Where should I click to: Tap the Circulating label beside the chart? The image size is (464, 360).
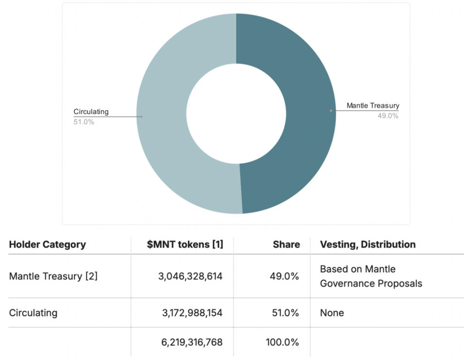click(91, 112)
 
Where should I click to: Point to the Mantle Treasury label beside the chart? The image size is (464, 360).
click(373, 105)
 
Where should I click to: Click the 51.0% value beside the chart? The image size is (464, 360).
click(84, 122)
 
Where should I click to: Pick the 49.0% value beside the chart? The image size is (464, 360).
click(388, 115)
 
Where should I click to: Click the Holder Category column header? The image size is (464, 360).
click(48, 245)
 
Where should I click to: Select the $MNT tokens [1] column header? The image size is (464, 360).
click(185, 245)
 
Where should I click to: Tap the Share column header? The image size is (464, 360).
click(286, 245)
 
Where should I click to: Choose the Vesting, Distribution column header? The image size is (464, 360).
click(368, 245)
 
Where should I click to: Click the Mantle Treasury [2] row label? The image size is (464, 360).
click(53, 276)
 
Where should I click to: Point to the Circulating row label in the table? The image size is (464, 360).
click(33, 313)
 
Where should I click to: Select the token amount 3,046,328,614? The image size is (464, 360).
click(190, 276)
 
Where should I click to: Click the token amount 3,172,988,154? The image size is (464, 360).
click(192, 313)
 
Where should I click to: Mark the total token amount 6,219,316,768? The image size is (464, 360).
click(192, 342)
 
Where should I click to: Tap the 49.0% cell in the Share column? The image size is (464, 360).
click(284, 276)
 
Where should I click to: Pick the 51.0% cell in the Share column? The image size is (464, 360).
click(284, 313)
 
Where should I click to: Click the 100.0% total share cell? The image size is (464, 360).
click(282, 342)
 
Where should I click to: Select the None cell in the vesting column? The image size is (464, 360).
click(332, 313)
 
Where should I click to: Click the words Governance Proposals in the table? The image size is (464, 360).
click(371, 283)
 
